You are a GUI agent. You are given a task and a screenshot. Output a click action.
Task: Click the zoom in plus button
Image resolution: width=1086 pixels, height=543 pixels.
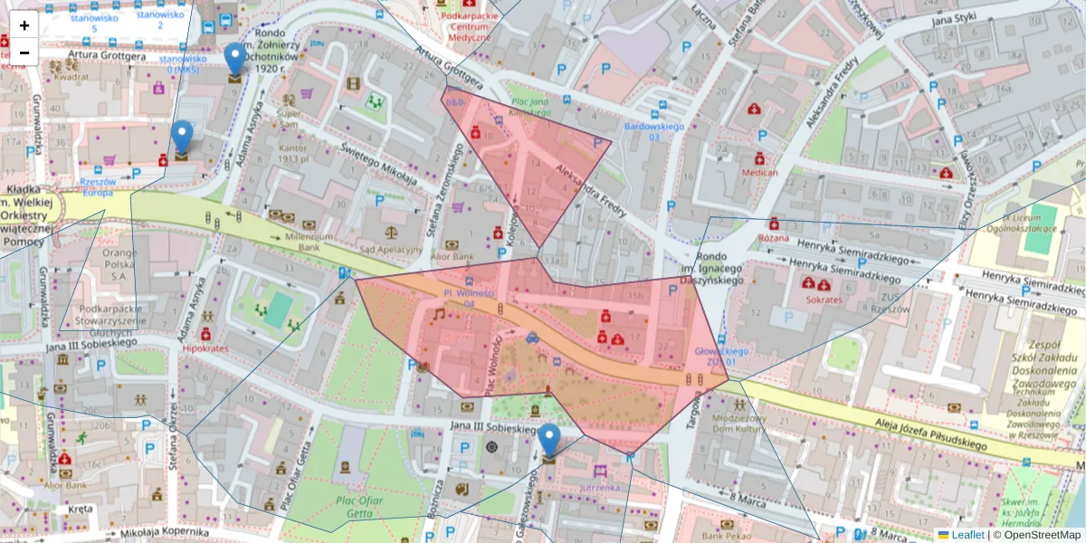[24, 25]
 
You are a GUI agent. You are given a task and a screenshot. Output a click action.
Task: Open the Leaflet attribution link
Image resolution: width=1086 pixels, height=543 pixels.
[967, 535]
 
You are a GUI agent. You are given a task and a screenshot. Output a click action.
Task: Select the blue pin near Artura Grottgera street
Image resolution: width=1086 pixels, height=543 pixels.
[235, 62]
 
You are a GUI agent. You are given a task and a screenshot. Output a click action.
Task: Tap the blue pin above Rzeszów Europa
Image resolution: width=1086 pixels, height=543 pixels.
[182, 139]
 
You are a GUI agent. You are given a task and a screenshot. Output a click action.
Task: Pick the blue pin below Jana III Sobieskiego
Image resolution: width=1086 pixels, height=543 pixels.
[548, 443]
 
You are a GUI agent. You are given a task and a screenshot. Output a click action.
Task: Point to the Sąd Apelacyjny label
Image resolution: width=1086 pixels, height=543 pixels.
[393, 250]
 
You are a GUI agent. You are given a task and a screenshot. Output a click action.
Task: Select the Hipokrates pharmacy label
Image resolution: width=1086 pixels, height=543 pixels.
[206, 347]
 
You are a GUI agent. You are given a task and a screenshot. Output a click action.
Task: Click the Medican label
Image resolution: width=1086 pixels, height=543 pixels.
[759, 172]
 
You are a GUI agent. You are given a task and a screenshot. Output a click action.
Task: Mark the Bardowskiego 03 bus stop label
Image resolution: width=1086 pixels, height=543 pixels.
[653, 131]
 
